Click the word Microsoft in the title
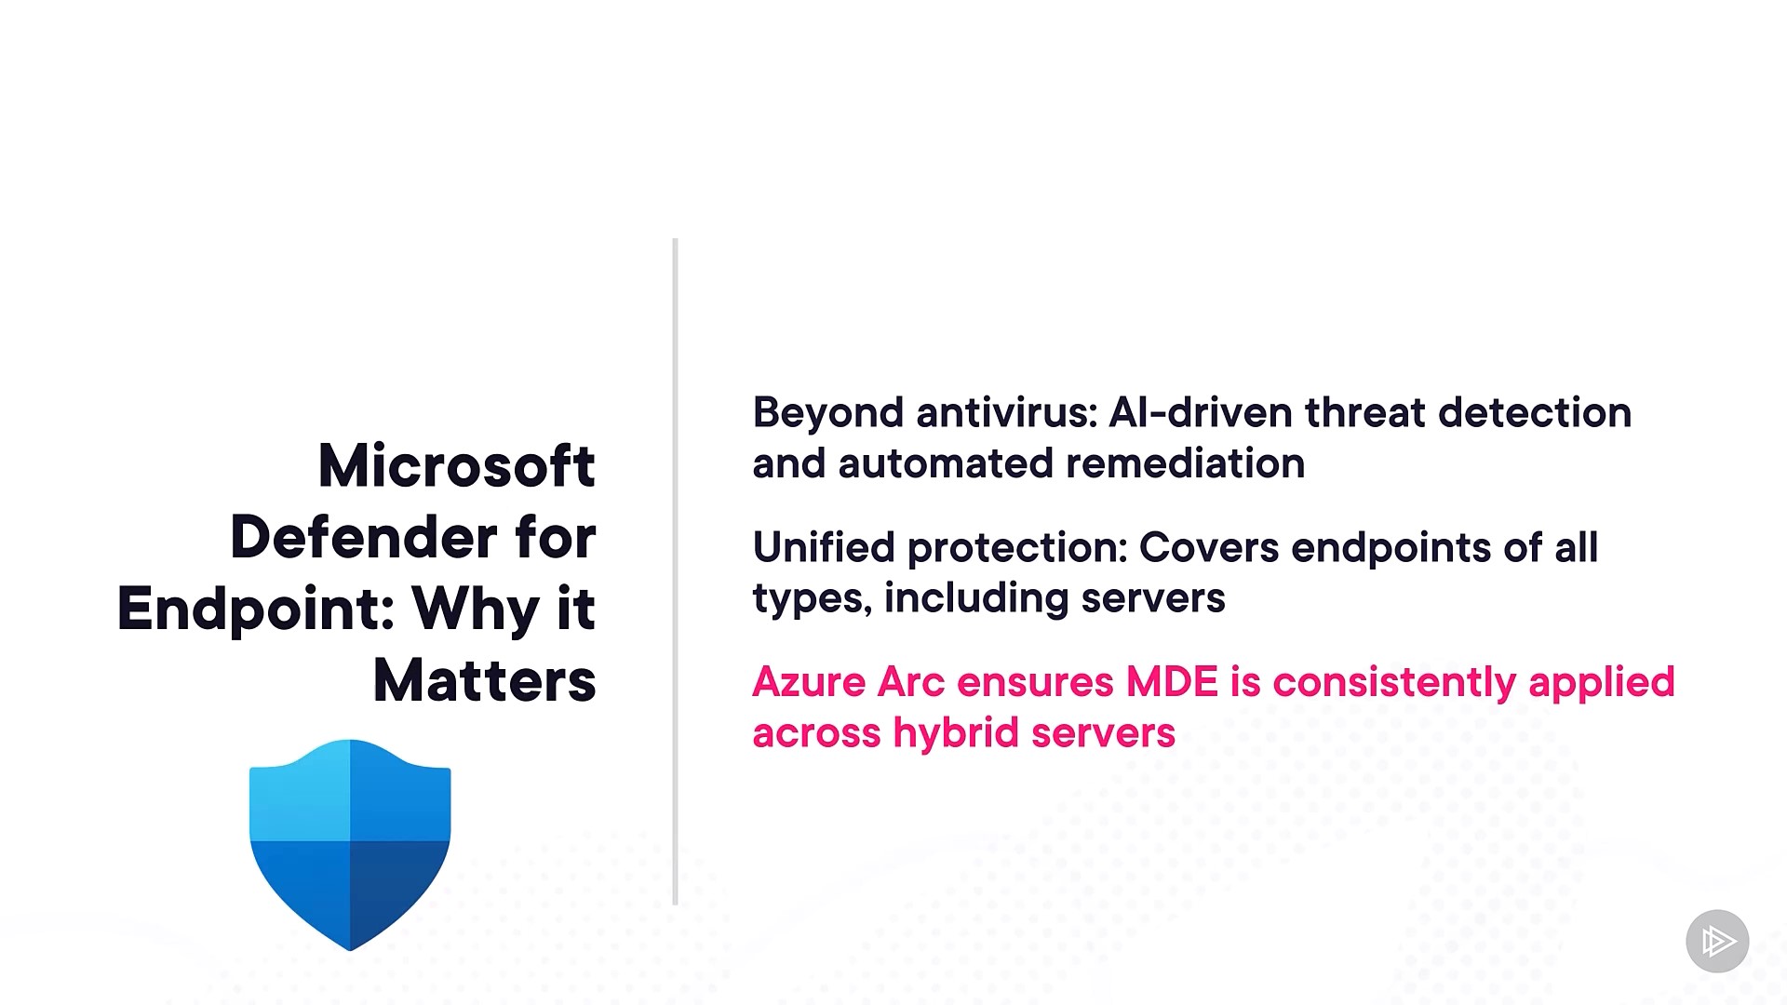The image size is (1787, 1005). click(x=456, y=465)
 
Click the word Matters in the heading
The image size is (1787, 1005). click(x=484, y=680)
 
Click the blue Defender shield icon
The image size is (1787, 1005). click(x=350, y=844)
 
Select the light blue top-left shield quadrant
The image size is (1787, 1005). click(x=300, y=792)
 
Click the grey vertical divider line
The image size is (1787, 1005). click(x=675, y=571)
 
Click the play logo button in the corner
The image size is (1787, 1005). click(x=1717, y=941)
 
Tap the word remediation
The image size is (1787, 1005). click(x=1185, y=463)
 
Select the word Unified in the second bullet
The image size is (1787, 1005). click(x=824, y=547)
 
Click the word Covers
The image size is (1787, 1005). click(x=1209, y=548)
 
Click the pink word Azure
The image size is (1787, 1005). click(x=809, y=682)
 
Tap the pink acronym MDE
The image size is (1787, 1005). click(x=1172, y=682)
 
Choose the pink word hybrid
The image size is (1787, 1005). click(x=956, y=734)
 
